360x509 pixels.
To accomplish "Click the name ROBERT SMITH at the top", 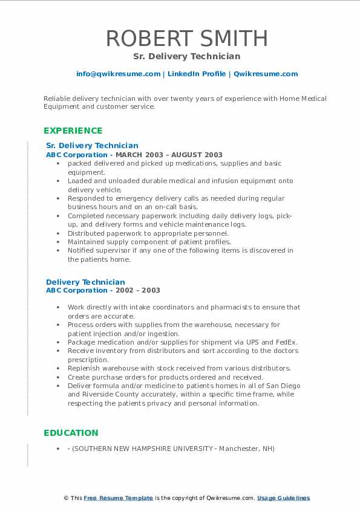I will (187, 39).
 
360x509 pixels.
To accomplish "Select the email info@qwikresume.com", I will (119, 74).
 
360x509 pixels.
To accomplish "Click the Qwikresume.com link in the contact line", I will (266, 74).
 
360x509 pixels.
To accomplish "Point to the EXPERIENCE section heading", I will (73, 131).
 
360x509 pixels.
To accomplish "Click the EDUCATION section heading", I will (71, 433).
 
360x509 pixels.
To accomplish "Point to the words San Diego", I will (284, 386).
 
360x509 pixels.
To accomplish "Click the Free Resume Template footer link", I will (118, 498).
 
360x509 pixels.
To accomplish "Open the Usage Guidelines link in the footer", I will (283, 498).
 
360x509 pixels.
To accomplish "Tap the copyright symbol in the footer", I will (65, 498).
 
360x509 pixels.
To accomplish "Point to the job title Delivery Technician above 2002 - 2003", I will (85, 282).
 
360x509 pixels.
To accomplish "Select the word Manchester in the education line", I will (238, 449).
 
